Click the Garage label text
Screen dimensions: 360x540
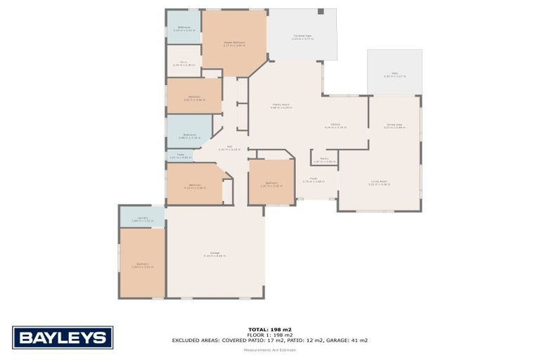(215, 254)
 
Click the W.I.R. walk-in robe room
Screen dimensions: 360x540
(184, 63)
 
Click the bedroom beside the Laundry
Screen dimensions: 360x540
(142, 264)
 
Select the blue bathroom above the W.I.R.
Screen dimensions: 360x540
(184, 28)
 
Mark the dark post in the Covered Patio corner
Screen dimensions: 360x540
(321, 12)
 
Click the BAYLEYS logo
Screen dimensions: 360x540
(63, 337)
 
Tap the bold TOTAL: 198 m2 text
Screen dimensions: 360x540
(270, 329)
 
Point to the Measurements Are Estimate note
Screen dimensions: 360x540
(270, 349)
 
